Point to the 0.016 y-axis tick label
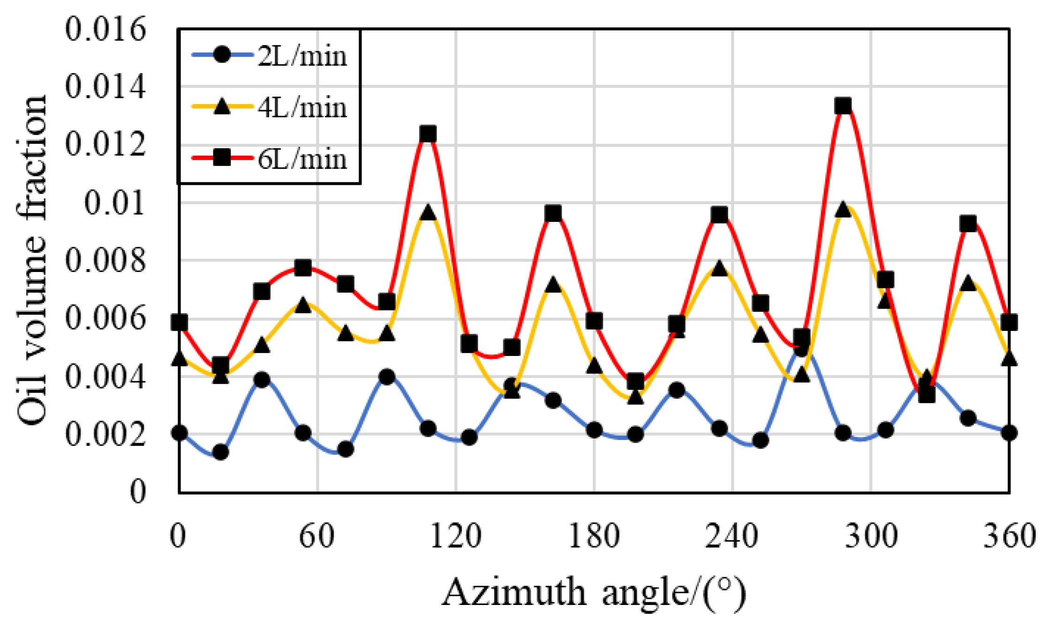pos(105,29)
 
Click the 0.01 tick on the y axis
pos(115,204)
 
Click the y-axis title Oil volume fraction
pos(32,260)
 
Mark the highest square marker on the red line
pos(843,106)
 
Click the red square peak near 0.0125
pos(428,134)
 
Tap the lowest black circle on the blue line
pos(220,452)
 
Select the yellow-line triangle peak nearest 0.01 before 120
pos(428,212)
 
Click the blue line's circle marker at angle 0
pos(179,432)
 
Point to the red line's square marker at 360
pos(1009,323)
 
